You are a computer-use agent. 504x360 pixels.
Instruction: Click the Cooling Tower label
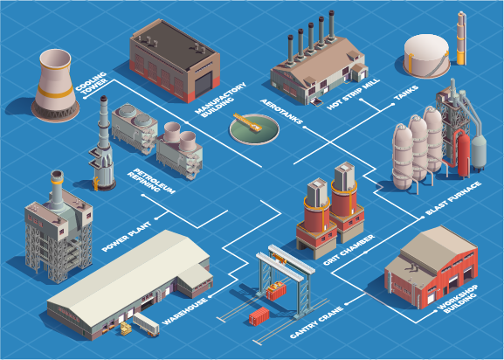[91, 83]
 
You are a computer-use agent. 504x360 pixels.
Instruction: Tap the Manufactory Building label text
[221, 100]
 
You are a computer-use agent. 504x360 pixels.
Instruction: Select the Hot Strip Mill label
[353, 94]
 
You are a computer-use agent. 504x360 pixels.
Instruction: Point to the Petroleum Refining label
[151, 181]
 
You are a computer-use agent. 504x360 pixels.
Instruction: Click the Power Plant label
[126, 237]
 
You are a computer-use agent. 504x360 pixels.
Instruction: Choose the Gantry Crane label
[316, 322]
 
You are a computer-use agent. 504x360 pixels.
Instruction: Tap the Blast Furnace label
[453, 198]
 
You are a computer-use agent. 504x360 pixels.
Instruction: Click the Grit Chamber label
[349, 251]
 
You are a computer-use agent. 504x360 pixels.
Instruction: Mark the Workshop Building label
[458, 299]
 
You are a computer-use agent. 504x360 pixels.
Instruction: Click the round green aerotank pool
[254, 129]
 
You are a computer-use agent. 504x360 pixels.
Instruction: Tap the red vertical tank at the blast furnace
[463, 155]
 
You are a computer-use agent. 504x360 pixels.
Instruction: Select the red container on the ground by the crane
[259, 316]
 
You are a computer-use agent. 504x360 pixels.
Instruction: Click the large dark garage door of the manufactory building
[204, 84]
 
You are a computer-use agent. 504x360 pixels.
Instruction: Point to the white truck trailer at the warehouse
[146, 324]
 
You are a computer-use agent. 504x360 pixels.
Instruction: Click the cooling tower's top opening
[55, 59]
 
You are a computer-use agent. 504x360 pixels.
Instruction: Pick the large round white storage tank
[427, 56]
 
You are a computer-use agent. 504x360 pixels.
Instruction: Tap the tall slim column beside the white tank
[461, 38]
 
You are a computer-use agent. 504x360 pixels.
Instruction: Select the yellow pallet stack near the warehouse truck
[126, 329]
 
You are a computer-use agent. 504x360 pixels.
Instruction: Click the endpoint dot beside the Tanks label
[392, 105]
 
